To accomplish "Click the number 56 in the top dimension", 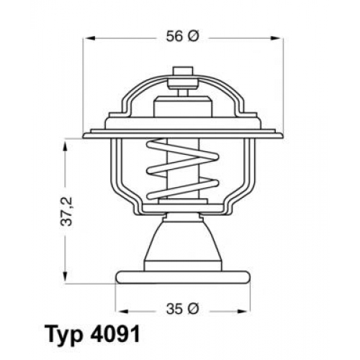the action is click(x=174, y=37).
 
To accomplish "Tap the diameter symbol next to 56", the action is click(x=194, y=37).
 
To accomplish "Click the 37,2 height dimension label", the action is click(x=66, y=211).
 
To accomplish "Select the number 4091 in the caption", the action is click(x=115, y=334).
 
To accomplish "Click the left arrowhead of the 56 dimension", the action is click(x=89, y=38).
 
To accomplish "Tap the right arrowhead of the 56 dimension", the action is click(x=276, y=38).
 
